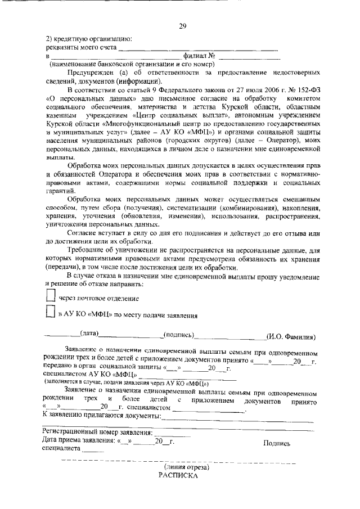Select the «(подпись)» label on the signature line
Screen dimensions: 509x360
(x=178, y=335)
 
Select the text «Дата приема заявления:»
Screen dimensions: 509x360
(x=78, y=442)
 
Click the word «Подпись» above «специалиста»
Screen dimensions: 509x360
(x=277, y=443)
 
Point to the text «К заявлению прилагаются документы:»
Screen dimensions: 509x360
(x=102, y=416)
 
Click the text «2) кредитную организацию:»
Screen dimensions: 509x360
(x=89, y=39)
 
